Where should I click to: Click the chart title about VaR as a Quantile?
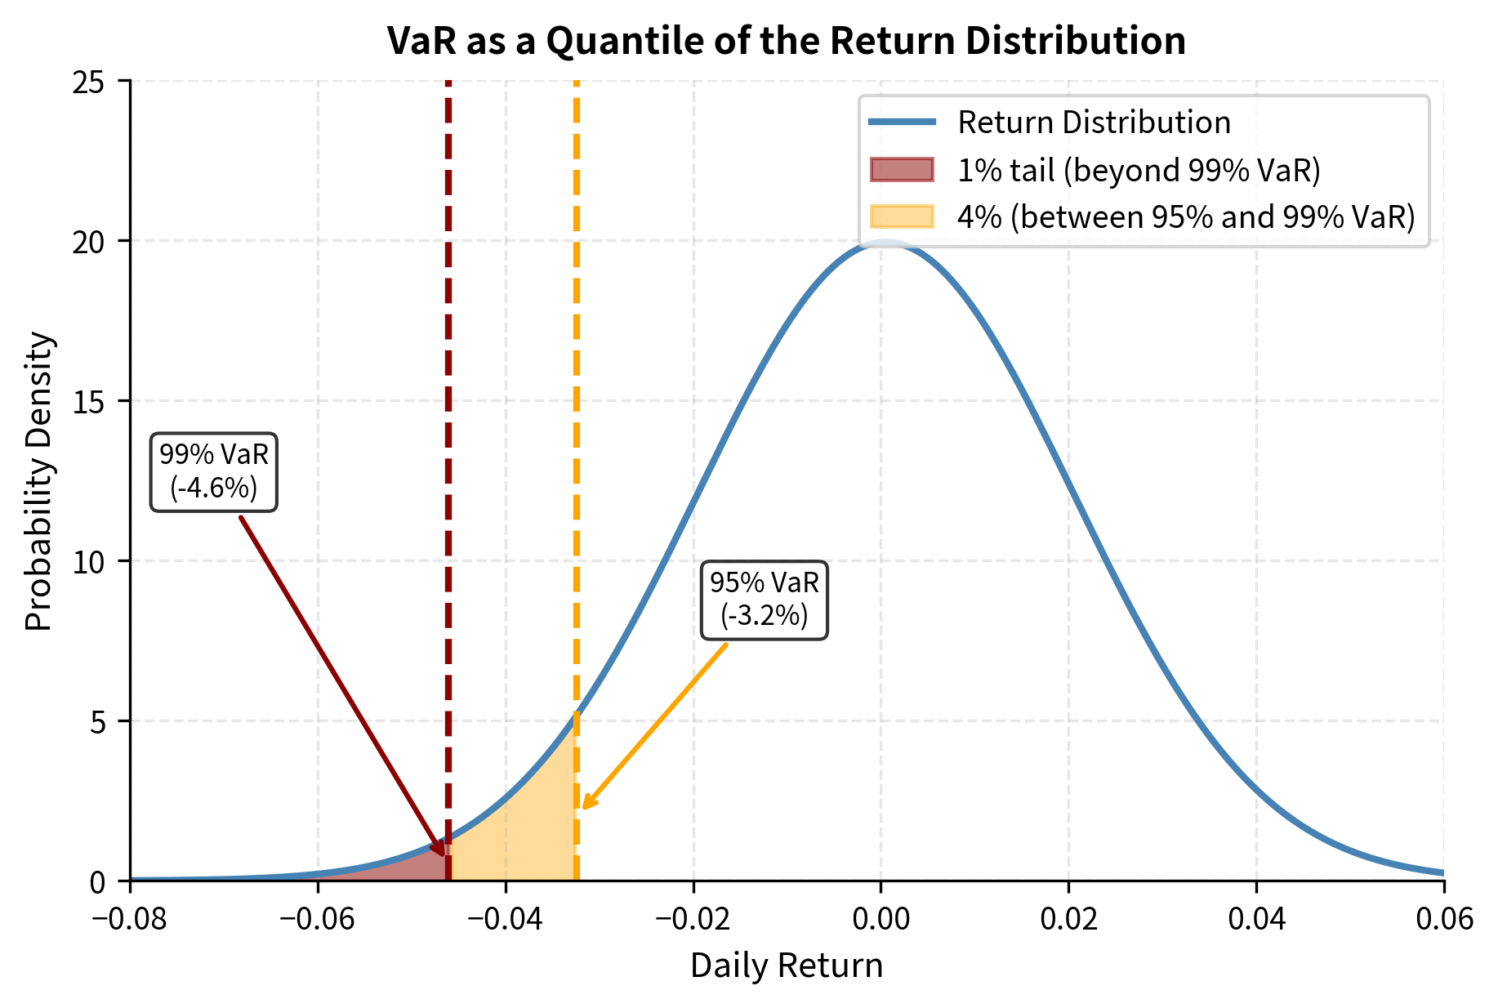pyautogui.click(x=786, y=41)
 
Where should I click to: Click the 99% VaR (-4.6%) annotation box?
pyautogui.click(x=214, y=473)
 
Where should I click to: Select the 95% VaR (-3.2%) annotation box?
pyautogui.click(x=764, y=600)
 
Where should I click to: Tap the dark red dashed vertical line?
pyautogui.click(x=448, y=408)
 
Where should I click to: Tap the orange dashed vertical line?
pyautogui.click(x=577, y=408)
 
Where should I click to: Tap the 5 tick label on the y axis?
pyautogui.click(x=98, y=721)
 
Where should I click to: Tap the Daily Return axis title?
pyautogui.click(x=786, y=966)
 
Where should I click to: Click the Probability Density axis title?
pyautogui.click(x=38, y=481)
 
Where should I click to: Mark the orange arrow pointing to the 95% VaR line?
pyautogui.click(x=653, y=727)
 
